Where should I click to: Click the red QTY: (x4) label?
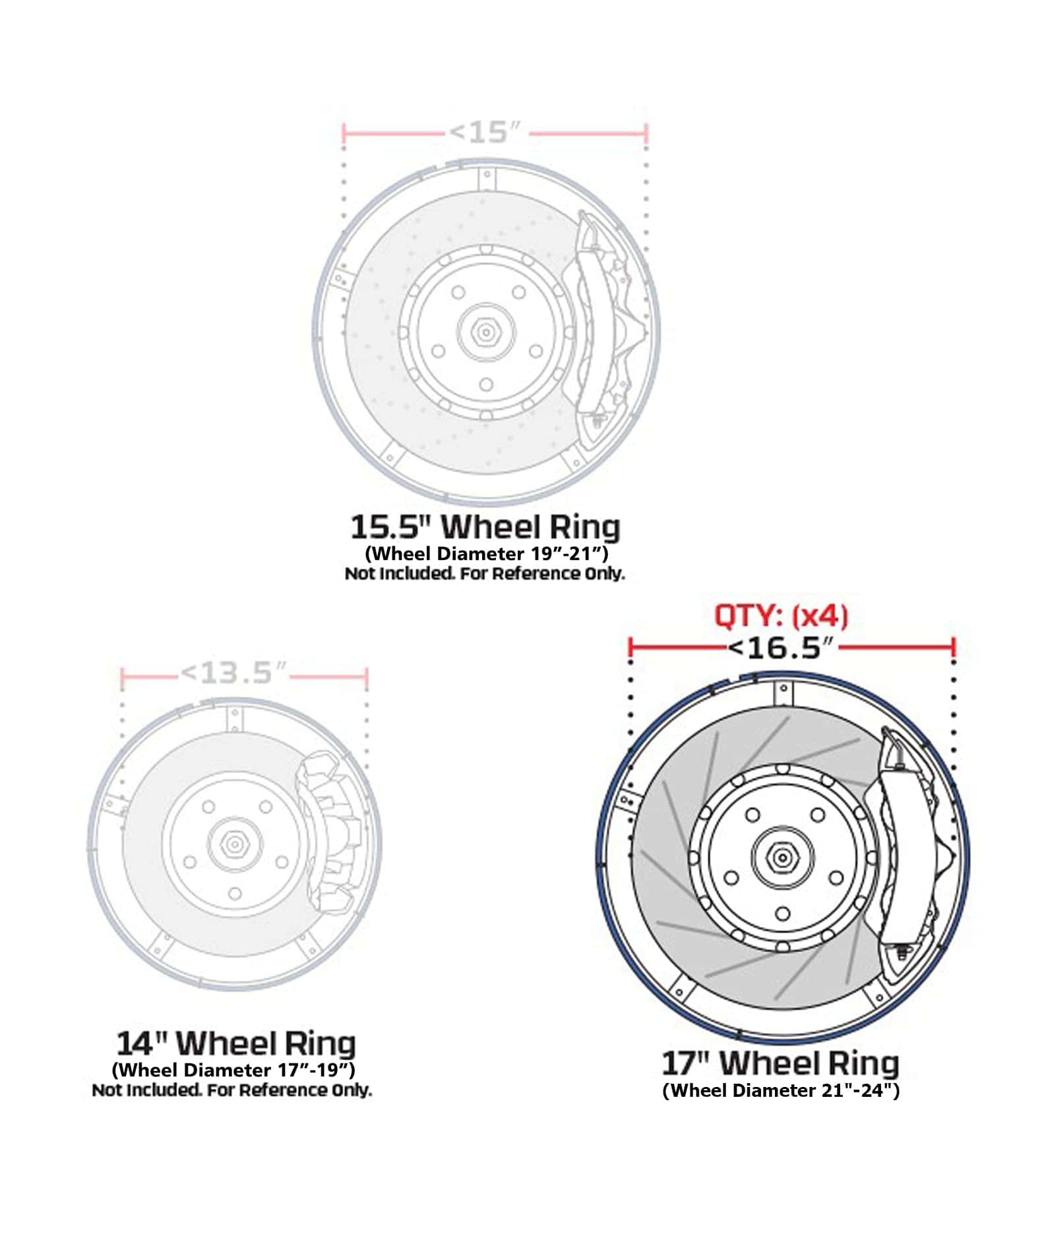[781, 616]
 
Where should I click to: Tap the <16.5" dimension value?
[782, 648]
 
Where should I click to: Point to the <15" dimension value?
[485, 133]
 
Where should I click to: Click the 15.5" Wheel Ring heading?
[485, 527]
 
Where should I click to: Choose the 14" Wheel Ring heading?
[236, 1043]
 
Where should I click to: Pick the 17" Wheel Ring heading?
[780, 1063]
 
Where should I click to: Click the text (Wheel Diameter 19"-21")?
[486, 553]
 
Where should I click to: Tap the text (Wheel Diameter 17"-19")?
[233, 1069]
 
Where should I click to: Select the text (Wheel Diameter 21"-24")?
[781, 1090]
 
